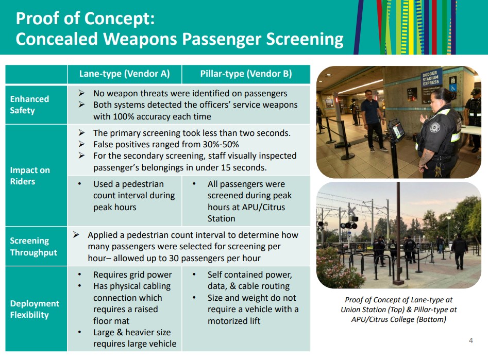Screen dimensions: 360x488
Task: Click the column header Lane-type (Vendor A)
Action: point(124,74)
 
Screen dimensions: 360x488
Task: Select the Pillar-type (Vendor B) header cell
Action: point(246,74)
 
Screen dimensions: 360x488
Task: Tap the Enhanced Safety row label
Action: point(29,105)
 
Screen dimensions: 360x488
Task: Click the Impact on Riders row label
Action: point(29,175)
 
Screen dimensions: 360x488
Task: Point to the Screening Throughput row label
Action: point(33,246)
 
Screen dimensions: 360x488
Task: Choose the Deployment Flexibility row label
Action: point(35,309)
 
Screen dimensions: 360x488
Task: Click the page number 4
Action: point(470,340)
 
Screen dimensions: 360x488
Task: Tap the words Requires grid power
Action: point(132,275)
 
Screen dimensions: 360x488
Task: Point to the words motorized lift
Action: point(234,320)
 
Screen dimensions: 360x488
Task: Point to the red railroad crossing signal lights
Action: point(349,225)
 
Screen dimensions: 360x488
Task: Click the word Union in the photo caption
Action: point(352,310)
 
